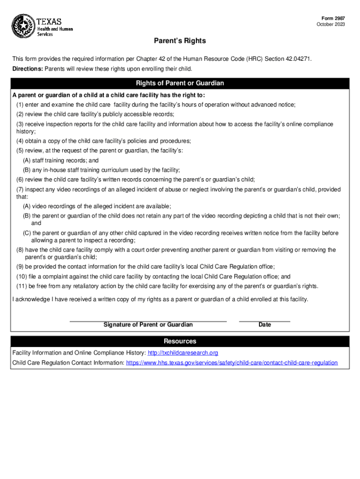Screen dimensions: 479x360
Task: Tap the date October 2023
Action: tap(331, 24)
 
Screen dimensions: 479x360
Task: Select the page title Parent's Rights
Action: tap(180, 41)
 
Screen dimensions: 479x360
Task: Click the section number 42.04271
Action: tap(295, 59)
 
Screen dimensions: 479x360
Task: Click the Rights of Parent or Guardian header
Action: tap(180, 83)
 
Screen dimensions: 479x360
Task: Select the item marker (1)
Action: tap(20, 105)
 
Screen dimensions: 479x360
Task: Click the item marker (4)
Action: tap(20, 141)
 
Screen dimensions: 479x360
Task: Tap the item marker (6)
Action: tap(20, 180)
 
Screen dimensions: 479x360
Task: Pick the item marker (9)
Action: tap(20, 267)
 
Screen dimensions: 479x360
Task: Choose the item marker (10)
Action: tap(22, 276)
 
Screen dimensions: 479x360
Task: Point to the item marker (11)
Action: tap(22, 286)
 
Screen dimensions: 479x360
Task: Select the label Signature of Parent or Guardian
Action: tap(148, 325)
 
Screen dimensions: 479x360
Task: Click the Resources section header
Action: tap(180, 341)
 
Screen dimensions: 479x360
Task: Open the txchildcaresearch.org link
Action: tap(183, 353)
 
